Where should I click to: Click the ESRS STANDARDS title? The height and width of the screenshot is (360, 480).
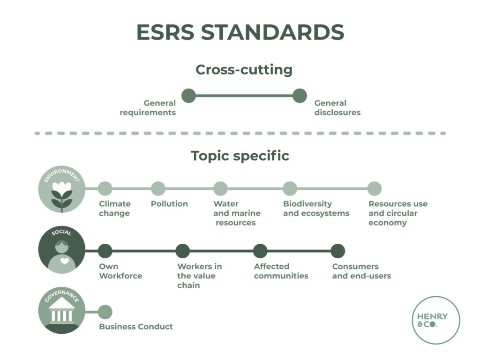point(240,32)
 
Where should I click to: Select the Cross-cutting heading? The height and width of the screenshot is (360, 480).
point(244,70)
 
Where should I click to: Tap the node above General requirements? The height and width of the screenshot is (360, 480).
point(188,96)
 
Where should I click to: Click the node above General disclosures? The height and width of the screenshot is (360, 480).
point(300,96)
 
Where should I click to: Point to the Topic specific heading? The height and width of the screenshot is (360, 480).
point(240,156)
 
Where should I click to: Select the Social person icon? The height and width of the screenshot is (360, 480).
point(62,251)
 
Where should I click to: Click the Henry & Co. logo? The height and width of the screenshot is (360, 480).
point(436,320)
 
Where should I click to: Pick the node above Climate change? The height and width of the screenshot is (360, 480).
point(105,188)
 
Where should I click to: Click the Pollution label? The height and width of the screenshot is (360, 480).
point(169,204)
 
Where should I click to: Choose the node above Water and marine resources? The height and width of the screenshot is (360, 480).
point(220,188)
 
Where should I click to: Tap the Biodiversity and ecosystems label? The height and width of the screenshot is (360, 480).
point(316,209)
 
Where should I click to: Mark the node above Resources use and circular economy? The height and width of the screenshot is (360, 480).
point(374,188)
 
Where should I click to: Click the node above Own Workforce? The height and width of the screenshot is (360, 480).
point(105,251)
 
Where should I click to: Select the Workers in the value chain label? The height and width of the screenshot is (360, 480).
point(199,276)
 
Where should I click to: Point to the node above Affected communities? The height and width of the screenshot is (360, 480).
point(260,251)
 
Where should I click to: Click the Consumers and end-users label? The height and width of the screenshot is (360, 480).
point(361,271)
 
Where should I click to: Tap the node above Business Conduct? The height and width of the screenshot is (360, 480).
point(105,312)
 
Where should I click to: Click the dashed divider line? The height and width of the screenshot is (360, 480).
point(240,133)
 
